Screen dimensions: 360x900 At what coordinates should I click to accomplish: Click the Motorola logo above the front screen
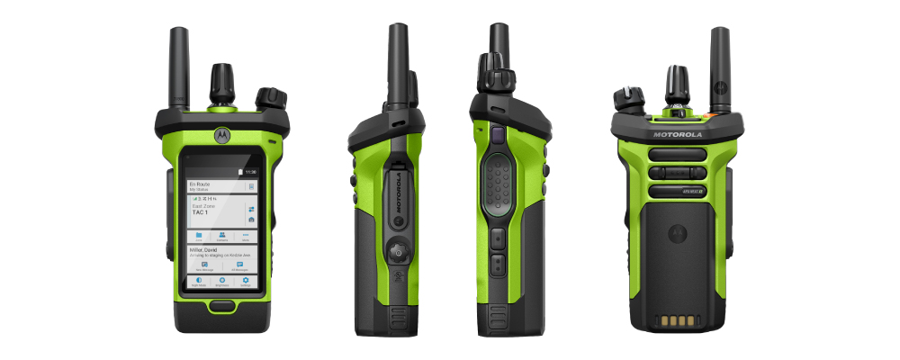tap(220, 135)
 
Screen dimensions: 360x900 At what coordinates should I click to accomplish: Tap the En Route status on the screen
tap(200, 183)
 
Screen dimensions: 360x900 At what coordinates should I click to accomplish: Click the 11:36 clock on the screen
tap(250, 170)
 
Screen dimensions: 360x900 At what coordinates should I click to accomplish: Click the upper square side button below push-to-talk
tap(496, 238)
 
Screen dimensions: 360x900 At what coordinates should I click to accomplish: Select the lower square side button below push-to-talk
tap(496, 265)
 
